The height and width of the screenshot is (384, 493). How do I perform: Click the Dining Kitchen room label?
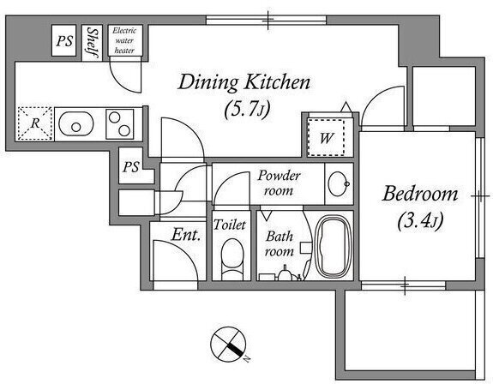(244, 82)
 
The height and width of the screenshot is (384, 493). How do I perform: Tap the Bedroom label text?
(420, 194)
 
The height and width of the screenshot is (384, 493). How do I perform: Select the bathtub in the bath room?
(332, 246)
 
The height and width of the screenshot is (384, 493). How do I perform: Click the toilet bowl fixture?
(232, 259)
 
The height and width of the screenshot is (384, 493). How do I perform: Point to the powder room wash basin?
(339, 183)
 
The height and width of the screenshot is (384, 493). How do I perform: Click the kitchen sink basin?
(75, 123)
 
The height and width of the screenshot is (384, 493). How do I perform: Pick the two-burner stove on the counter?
(120, 123)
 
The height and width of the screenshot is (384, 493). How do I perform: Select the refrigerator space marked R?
(34, 123)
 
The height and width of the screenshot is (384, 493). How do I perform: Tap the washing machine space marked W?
(326, 137)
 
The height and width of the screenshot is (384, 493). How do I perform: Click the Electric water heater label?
(124, 40)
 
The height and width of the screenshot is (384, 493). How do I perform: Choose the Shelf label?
(93, 43)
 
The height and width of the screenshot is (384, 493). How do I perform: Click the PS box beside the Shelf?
(63, 40)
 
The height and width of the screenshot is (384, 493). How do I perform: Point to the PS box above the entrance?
(131, 166)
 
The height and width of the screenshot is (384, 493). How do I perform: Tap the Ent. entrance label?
(186, 234)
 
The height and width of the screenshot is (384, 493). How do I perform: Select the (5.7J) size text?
(248, 110)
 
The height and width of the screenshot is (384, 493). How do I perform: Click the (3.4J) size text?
(420, 221)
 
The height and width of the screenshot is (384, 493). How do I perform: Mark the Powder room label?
(279, 183)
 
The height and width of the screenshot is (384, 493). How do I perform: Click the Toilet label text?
(230, 225)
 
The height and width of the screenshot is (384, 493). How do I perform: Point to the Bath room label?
(280, 243)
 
